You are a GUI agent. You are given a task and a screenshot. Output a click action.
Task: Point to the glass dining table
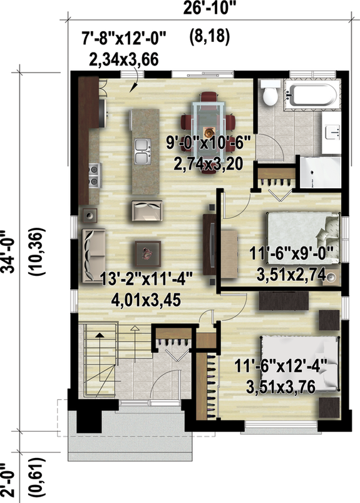coord(207,119)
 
